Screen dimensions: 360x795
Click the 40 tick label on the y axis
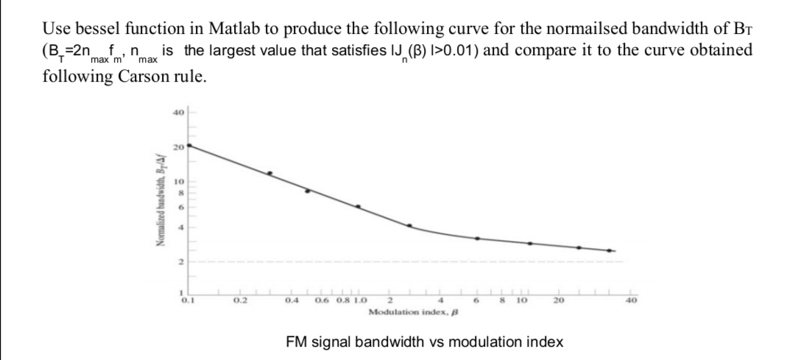click(177, 113)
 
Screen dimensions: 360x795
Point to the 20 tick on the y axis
click(177, 147)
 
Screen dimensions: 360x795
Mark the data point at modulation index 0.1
click(190, 146)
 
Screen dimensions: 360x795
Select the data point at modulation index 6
click(477, 239)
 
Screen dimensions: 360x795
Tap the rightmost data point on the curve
click(609, 251)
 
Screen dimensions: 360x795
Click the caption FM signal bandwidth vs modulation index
click(424, 342)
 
